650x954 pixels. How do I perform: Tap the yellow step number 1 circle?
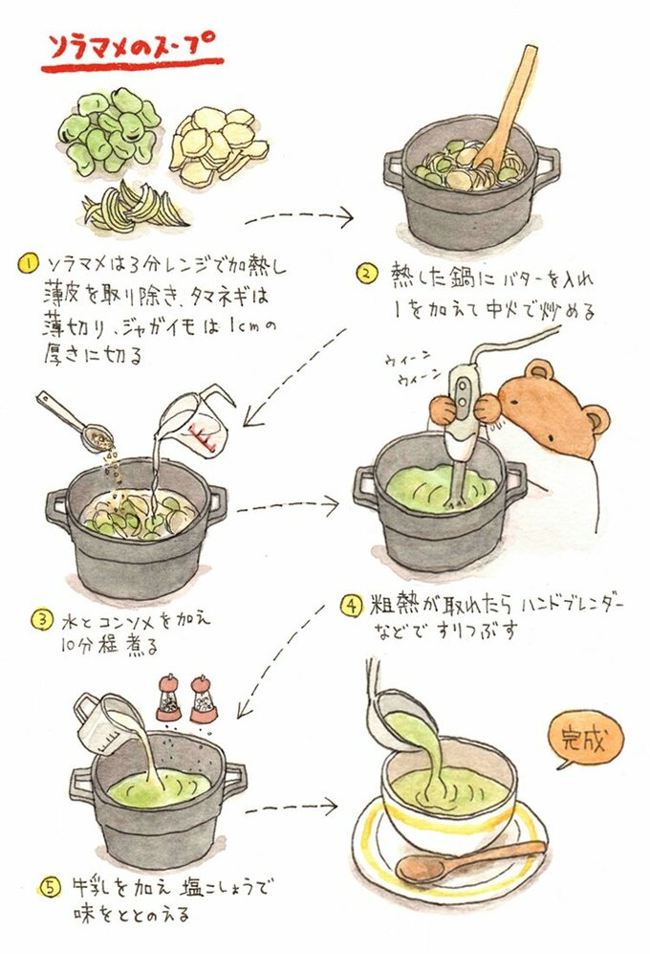[x=28, y=264]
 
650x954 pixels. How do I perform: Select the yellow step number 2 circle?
[x=366, y=273]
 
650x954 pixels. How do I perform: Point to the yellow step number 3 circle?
[x=42, y=620]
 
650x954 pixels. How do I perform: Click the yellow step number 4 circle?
[x=351, y=606]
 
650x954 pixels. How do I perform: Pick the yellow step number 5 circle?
[x=51, y=888]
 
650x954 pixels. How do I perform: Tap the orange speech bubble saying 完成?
[x=586, y=741]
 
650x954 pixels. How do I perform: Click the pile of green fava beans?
[x=109, y=131]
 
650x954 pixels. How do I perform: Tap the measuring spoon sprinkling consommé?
[x=74, y=421]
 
